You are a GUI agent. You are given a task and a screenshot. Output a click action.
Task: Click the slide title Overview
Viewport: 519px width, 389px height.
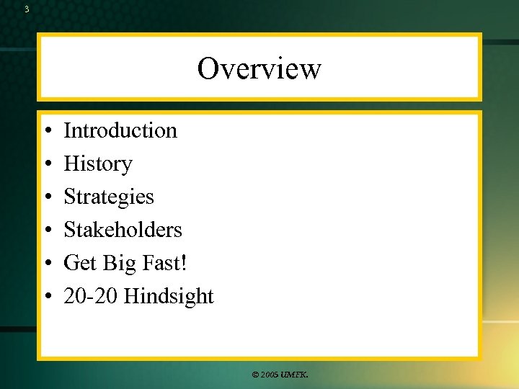(x=259, y=69)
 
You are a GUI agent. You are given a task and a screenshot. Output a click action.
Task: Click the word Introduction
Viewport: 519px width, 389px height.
(x=120, y=130)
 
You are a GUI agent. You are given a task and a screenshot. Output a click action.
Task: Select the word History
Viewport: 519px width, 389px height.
(x=98, y=164)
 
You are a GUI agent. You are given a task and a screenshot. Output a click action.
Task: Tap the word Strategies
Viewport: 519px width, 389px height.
(x=109, y=197)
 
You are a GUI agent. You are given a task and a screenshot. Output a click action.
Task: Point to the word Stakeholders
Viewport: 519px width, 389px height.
(x=123, y=230)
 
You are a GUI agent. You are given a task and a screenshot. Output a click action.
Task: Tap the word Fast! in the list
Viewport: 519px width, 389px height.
(x=164, y=263)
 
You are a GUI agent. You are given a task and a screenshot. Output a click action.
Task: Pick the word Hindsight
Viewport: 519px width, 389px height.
(x=169, y=296)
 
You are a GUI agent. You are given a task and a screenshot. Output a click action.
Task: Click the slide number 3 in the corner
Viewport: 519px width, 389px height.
(x=27, y=9)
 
